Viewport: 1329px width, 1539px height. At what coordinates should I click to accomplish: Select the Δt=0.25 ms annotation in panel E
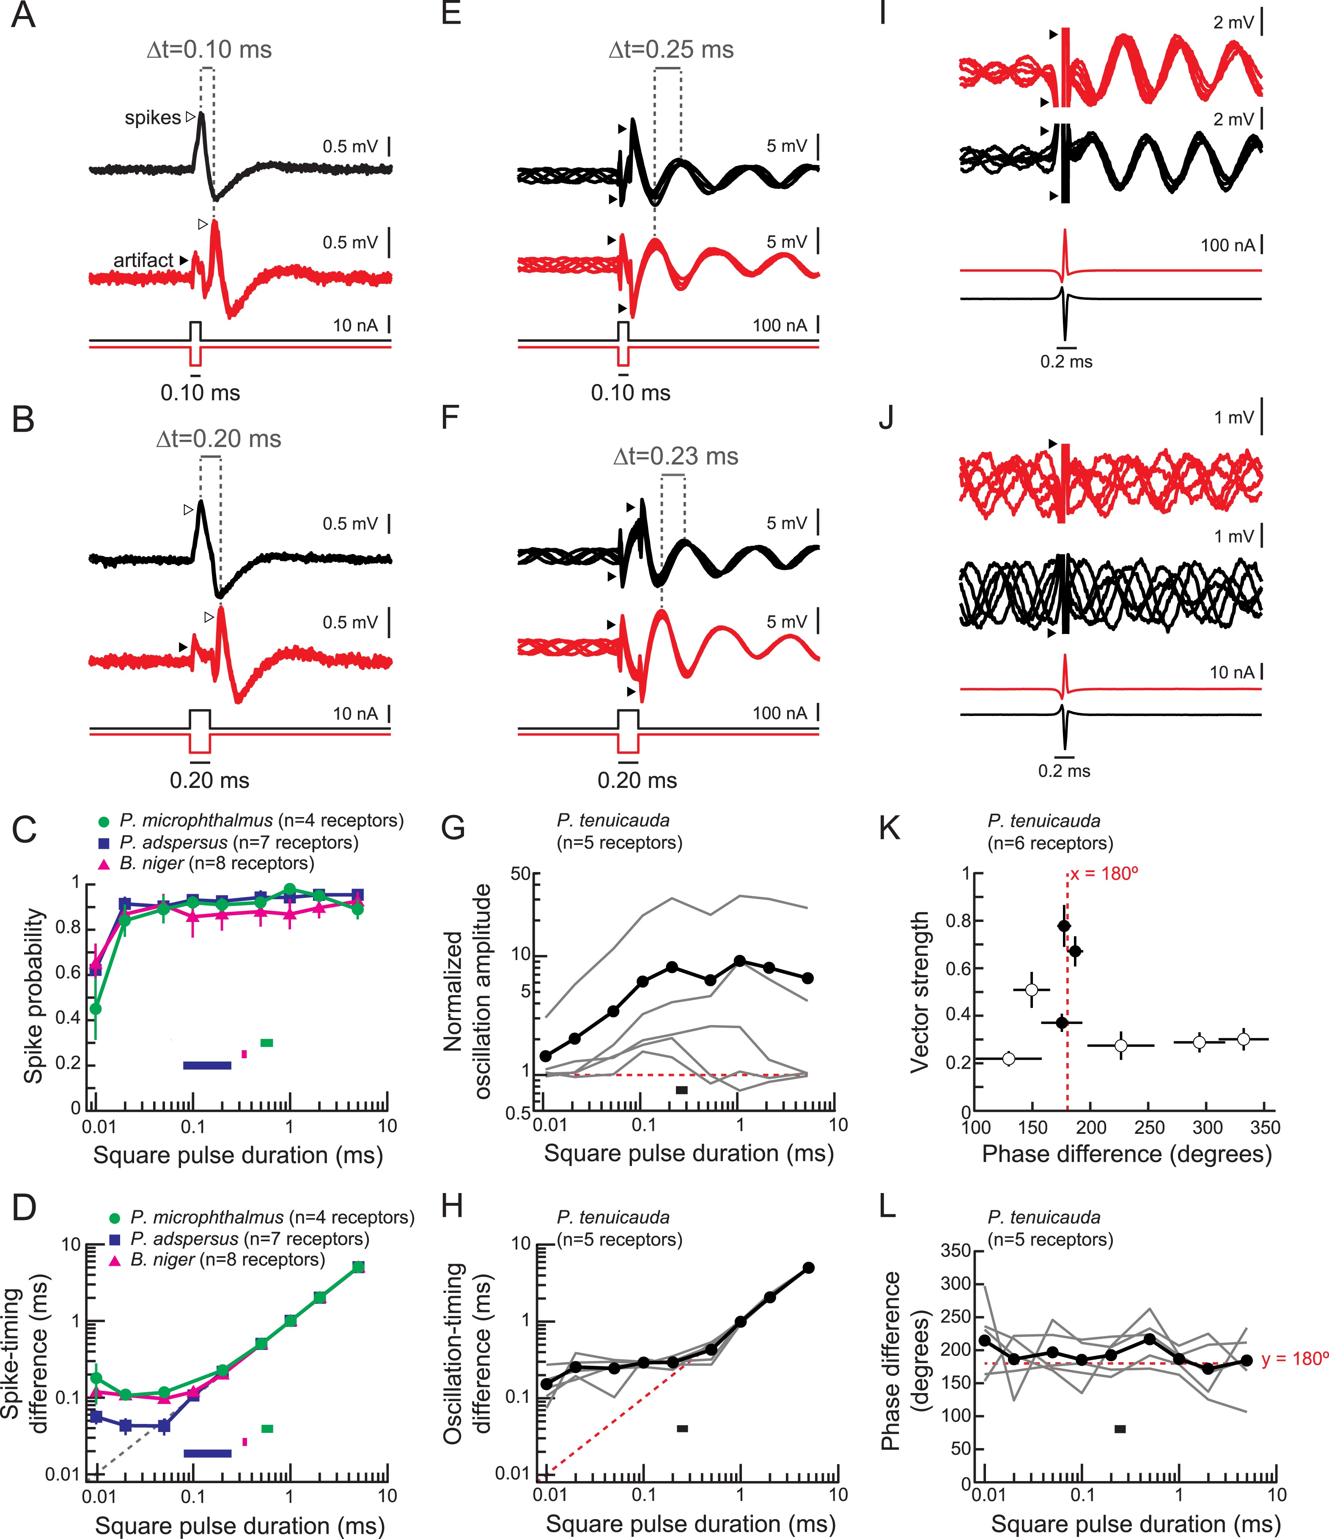coord(671,50)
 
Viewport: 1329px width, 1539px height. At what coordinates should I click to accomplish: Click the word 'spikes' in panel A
coord(153,117)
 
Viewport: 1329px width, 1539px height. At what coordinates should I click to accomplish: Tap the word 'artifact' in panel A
coord(143,260)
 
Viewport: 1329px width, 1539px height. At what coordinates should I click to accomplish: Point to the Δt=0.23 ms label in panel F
coord(675,456)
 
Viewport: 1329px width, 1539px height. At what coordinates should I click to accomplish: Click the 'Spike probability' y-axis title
coord(33,995)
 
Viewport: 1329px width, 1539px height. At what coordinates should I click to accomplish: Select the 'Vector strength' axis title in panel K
coord(920,992)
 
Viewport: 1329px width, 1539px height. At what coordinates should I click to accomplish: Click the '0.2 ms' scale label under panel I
coord(1066,362)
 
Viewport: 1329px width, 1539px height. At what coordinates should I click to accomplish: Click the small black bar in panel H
coord(682,1428)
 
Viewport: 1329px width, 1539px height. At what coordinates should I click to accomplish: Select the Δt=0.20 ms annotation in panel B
coord(218,439)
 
